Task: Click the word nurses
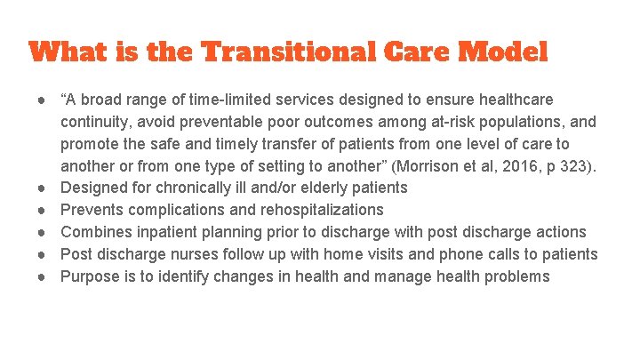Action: pos(189,254)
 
